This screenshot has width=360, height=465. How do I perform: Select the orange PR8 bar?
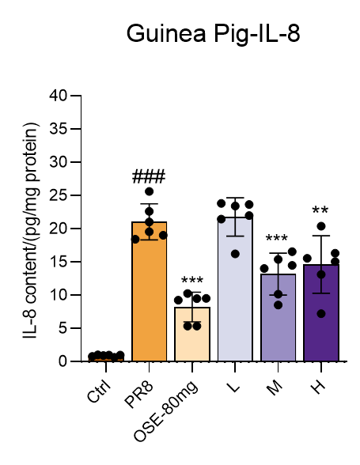click(149, 291)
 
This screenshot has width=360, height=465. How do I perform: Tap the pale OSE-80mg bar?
click(192, 335)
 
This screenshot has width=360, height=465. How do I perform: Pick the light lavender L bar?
click(235, 289)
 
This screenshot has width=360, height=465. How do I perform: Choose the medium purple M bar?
click(278, 318)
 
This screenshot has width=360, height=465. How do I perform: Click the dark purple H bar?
click(321, 313)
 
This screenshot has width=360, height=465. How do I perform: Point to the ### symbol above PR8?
click(149, 176)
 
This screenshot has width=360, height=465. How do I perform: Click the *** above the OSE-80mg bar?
click(192, 280)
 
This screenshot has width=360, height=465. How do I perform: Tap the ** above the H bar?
click(320, 210)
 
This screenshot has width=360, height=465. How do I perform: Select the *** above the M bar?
click(277, 237)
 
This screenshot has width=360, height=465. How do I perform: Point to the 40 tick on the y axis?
click(59, 96)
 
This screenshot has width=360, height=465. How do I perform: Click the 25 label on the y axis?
click(59, 195)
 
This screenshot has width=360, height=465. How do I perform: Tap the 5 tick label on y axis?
click(63, 328)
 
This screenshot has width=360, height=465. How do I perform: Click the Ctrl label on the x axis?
click(99, 391)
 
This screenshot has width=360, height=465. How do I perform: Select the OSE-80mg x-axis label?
click(165, 411)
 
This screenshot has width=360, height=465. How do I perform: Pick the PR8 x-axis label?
click(139, 395)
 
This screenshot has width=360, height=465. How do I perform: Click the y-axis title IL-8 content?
click(30, 230)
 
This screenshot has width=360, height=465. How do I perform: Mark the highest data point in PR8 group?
click(149, 191)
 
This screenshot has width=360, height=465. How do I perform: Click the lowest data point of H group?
click(321, 314)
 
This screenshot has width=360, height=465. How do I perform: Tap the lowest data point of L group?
click(235, 254)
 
